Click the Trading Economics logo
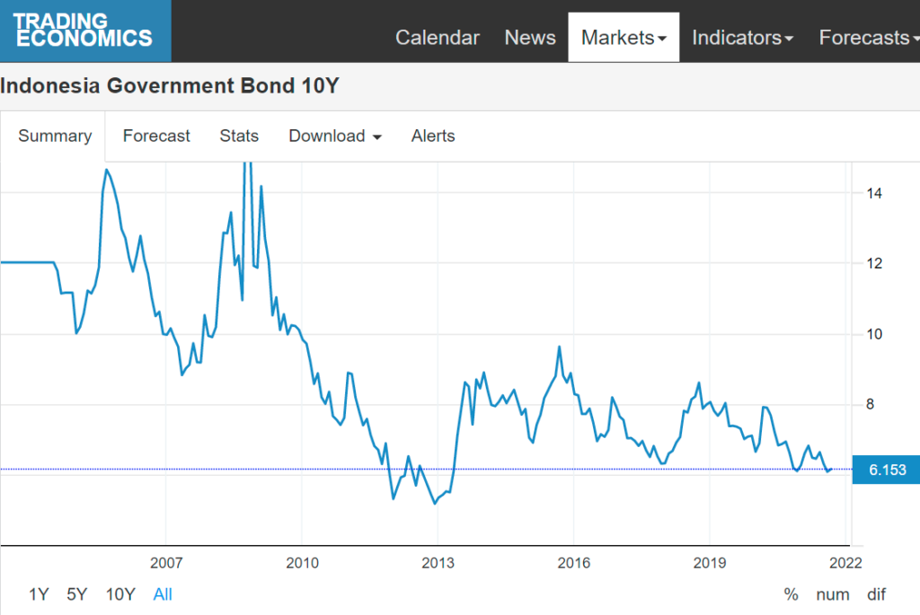coord(84,31)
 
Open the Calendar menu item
coord(438,38)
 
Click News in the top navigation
coord(530,38)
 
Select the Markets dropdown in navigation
coord(624,38)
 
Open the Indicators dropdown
coord(742,38)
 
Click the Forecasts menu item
coord(868,38)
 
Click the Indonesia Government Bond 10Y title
coord(170,86)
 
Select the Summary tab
coord(55,136)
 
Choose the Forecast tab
coord(156,136)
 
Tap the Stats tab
coord(239,136)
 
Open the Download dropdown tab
coord(335,136)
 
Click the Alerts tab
coord(433,136)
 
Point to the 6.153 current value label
coord(886,470)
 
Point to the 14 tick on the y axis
coord(873,193)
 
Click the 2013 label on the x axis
coord(438,564)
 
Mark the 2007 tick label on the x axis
coord(166,564)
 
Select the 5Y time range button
coord(77,594)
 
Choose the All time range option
coord(163,594)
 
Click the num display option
coord(833,594)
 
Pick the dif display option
coord(876,594)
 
